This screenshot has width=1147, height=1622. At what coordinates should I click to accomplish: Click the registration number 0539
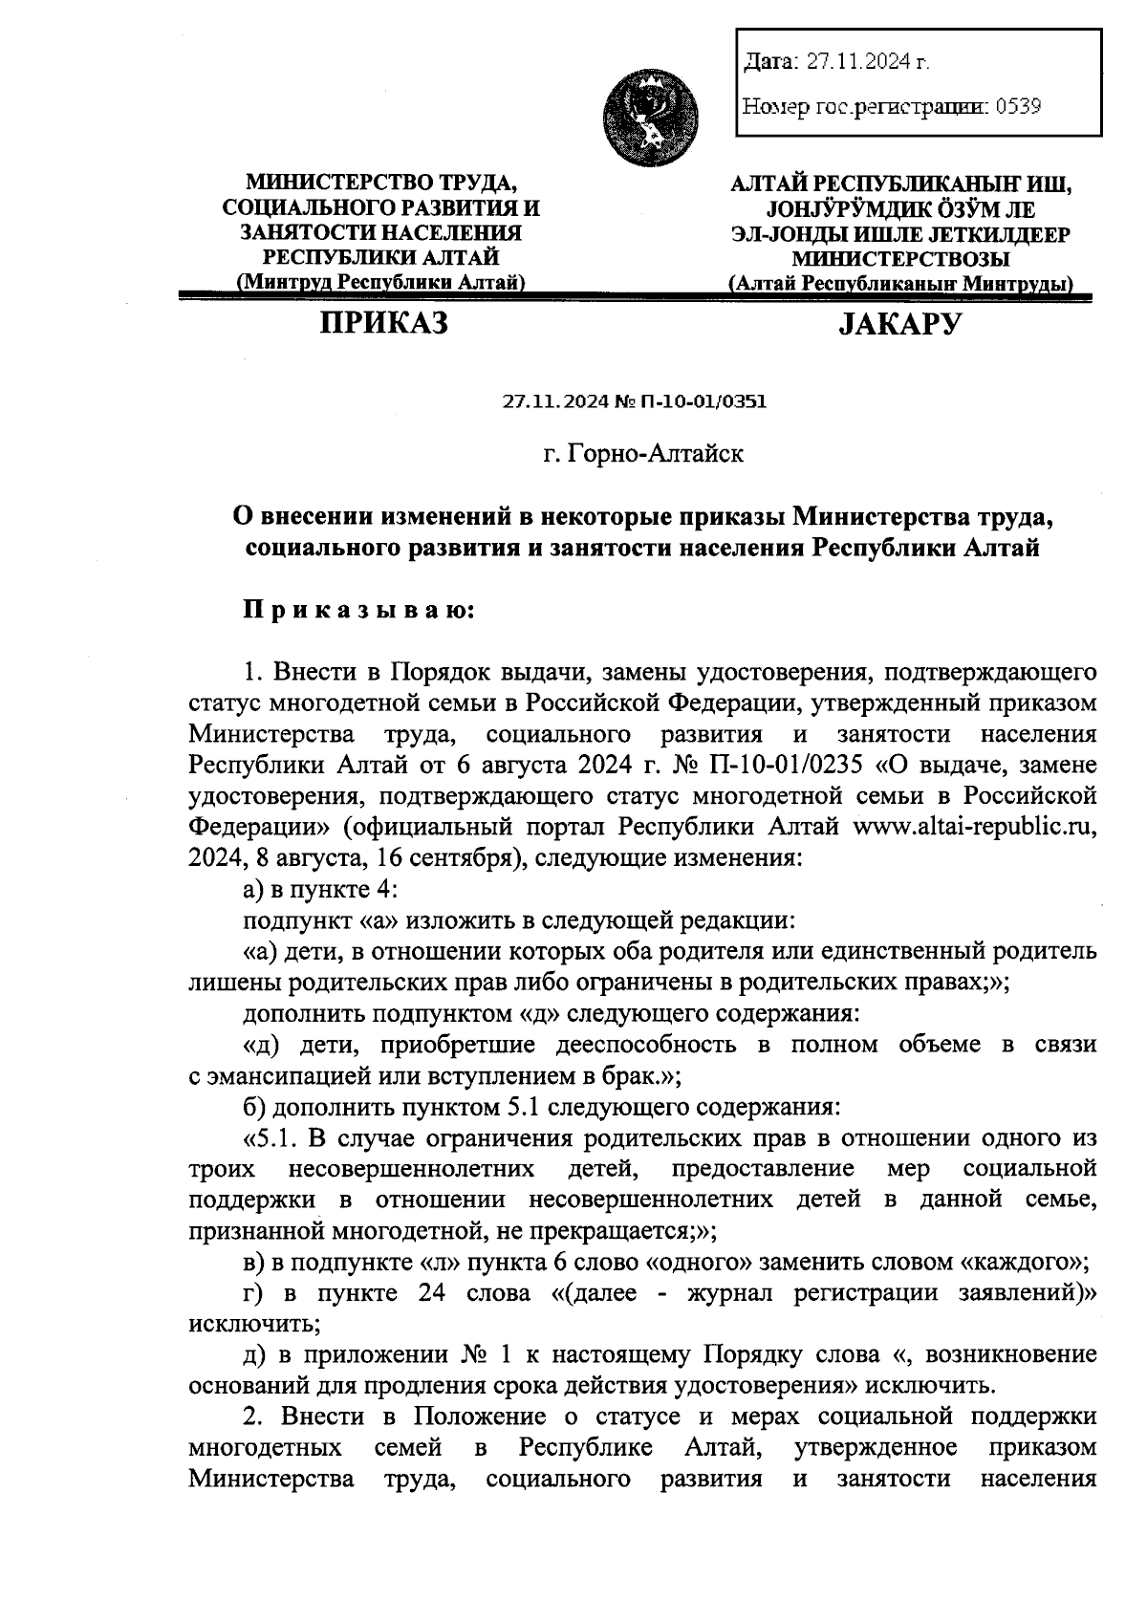[1018, 106]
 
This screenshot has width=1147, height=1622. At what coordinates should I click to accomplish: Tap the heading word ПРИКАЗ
[383, 324]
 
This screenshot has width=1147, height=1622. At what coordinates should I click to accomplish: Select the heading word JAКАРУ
[899, 325]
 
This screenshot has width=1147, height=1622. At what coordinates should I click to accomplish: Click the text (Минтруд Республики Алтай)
[381, 283]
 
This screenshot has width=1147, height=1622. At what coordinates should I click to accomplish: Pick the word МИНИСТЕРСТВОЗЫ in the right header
[900, 258]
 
